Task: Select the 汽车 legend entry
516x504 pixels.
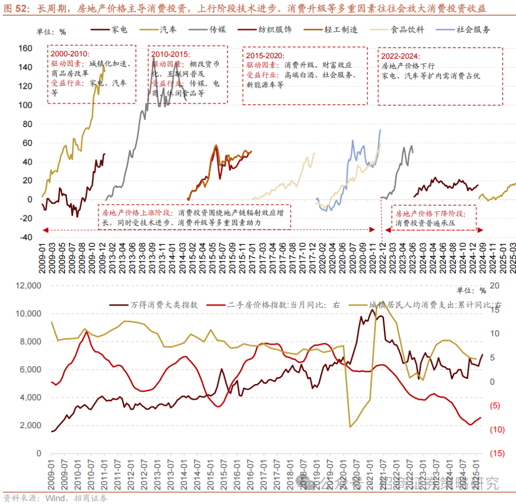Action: pos(168,30)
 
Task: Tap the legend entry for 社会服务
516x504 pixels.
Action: pos(473,30)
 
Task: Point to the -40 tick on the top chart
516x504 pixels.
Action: pos(25,237)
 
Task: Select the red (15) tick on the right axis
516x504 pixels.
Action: pos(497,453)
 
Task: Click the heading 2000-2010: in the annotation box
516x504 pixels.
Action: pos(71,54)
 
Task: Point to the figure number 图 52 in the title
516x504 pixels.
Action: pos(15,9)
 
